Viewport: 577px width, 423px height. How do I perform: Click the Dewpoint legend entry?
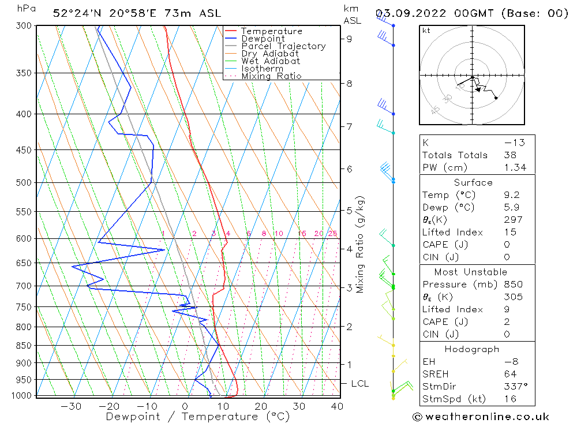[263, 39]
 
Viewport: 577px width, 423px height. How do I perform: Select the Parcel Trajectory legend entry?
[283, 46]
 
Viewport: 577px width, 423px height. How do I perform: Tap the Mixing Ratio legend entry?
[271, 76]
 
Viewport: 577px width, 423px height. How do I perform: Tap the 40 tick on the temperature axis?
[337, 406]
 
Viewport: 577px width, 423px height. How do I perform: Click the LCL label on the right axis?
[359, 384]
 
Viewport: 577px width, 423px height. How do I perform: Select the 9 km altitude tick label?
[350, 39]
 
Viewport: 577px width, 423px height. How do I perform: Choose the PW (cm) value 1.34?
[515, 168]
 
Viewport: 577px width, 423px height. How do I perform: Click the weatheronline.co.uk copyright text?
[481, 417]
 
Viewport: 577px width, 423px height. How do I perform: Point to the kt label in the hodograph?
[426, 31]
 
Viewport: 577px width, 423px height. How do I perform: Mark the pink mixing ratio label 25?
[332, 234]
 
